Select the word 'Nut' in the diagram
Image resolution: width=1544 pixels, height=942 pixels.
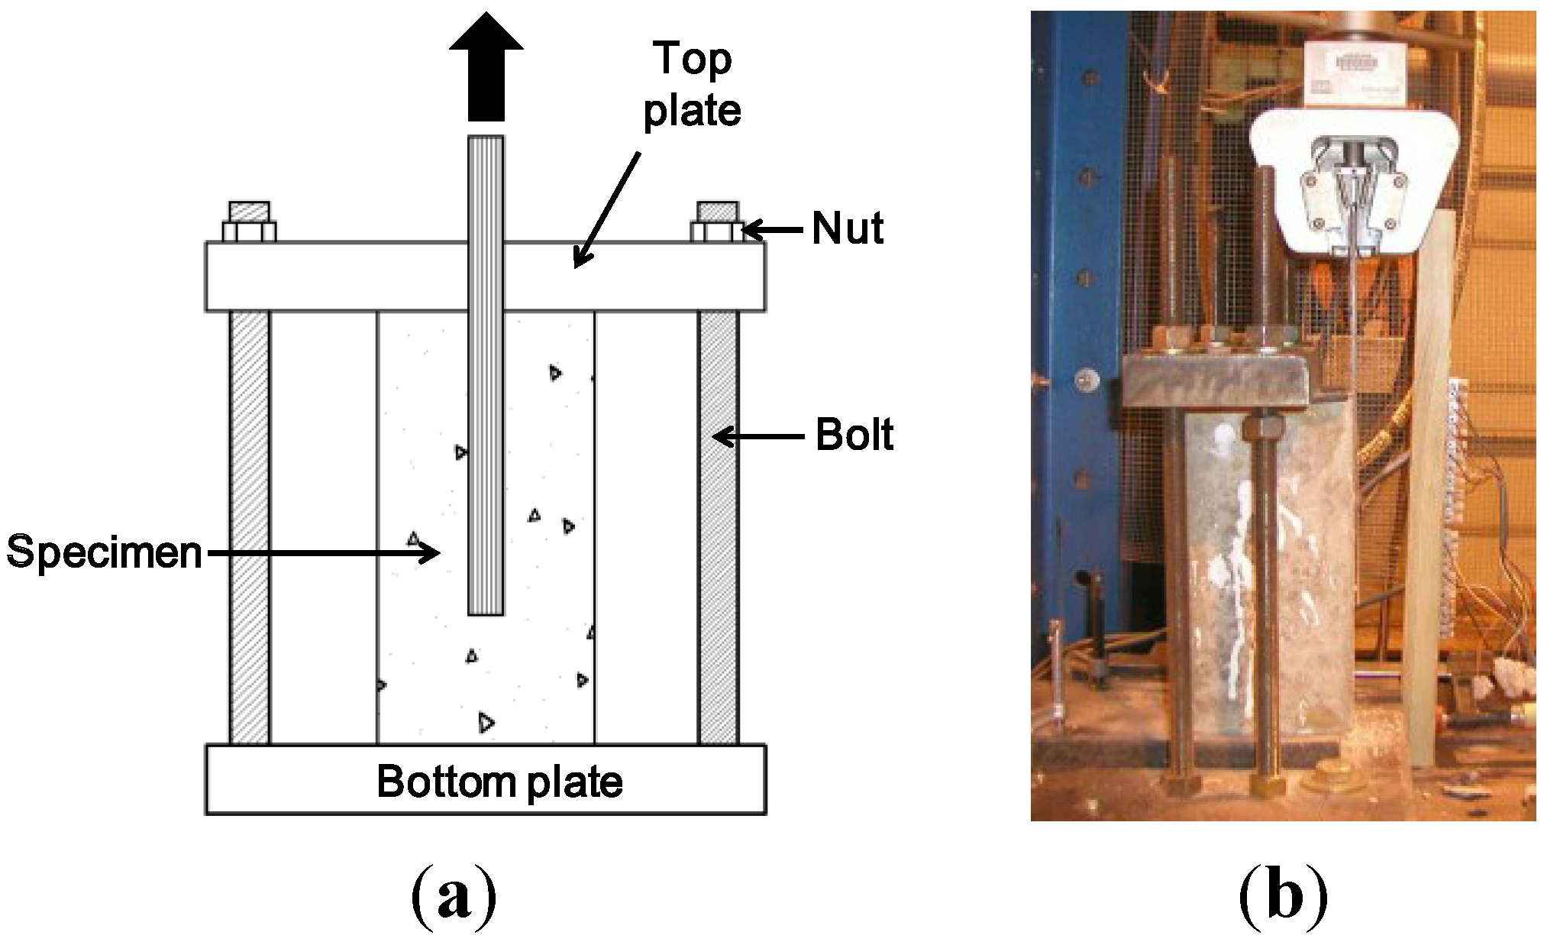848,228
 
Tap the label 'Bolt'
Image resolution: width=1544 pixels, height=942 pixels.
854,435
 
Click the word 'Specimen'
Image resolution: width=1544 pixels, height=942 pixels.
105,552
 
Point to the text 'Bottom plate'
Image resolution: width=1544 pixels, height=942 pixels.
499,782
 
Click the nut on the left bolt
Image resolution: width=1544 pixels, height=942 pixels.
249,231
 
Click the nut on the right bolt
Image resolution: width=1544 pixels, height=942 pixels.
717,231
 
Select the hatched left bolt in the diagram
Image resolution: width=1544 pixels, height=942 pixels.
250,527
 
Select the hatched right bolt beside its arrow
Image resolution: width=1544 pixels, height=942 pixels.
718,527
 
